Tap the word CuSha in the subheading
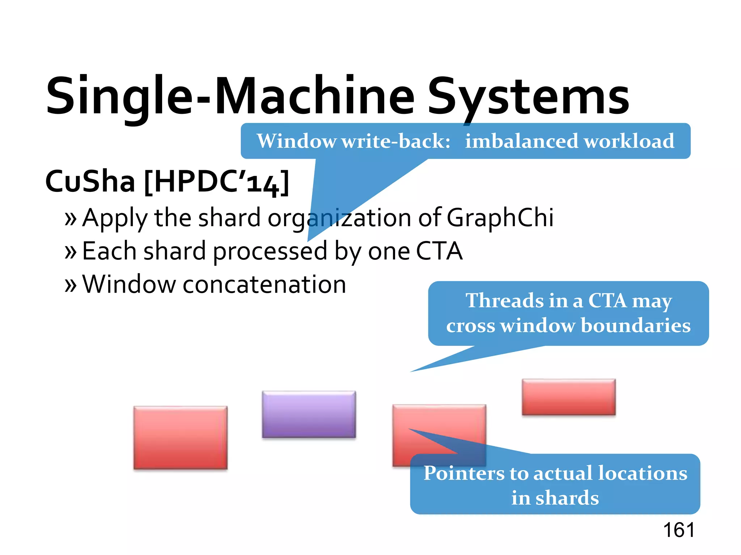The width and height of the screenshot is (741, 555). click(90, 181)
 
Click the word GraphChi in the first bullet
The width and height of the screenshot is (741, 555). click(500, 218)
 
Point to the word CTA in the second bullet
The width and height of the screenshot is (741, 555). click(439, 251)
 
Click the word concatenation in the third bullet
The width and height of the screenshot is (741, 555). click(264, 284)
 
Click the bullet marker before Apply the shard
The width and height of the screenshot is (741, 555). click(71, 219)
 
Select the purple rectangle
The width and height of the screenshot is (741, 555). click(309, 414)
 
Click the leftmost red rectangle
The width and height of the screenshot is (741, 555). click(181, 438)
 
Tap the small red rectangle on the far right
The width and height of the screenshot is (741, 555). click(568, 397)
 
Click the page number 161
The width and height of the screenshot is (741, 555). click(679, 530)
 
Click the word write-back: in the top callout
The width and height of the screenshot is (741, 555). click(396, 141)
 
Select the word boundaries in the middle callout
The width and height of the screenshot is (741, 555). click(635, 325)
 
